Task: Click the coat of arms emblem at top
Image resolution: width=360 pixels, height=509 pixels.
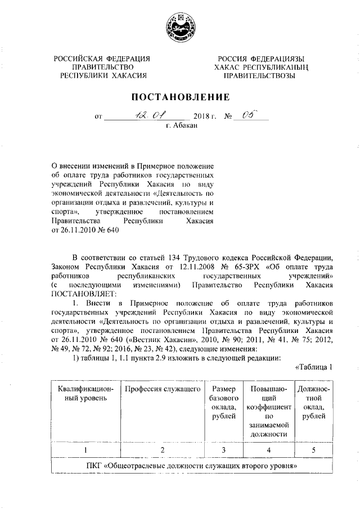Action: coord(180,28)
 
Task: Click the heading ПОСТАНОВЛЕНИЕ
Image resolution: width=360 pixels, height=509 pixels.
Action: coord(181,96)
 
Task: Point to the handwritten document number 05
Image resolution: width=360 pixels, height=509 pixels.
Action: coord(247,116)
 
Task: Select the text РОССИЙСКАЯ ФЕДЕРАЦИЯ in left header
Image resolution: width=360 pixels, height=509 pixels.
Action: coord(102,59)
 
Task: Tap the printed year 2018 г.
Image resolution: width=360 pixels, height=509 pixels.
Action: coord(205,118)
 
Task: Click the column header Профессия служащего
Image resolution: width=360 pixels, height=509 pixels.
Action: coord(162,389)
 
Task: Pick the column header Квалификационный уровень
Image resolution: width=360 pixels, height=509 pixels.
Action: coord(85,394)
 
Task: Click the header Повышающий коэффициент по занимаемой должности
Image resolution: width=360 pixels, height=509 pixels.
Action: coord(268,411)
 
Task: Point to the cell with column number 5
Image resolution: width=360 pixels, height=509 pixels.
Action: coord(313,450)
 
